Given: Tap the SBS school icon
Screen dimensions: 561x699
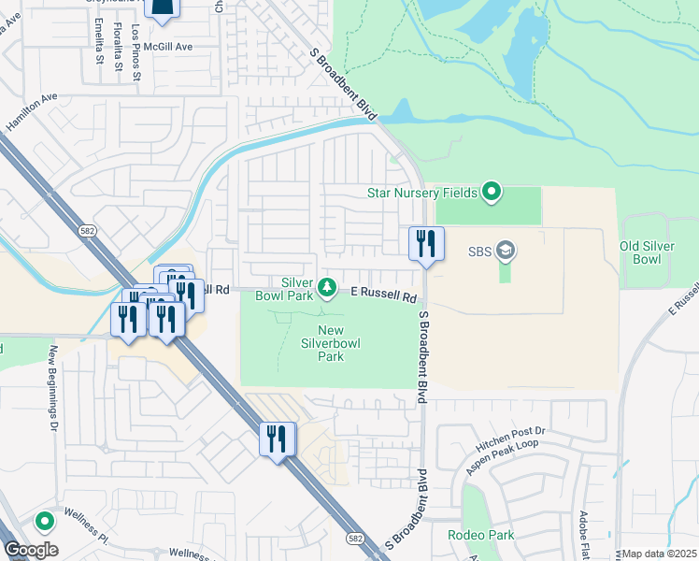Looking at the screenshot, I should point(506,251).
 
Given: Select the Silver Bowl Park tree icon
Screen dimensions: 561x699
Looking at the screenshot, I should point(327,286).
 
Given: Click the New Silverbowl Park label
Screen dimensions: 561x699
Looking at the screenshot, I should point(331,343).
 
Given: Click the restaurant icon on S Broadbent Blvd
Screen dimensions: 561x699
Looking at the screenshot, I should point(426,244).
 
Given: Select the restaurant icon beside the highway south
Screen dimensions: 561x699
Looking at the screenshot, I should point(277,439).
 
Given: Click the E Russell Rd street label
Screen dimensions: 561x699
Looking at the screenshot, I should point(383,295).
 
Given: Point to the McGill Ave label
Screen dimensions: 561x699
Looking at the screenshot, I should point(173,46).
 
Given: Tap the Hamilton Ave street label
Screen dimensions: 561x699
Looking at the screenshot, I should point(32,111).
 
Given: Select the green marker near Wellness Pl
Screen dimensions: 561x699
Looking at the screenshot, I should point(43,522).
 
